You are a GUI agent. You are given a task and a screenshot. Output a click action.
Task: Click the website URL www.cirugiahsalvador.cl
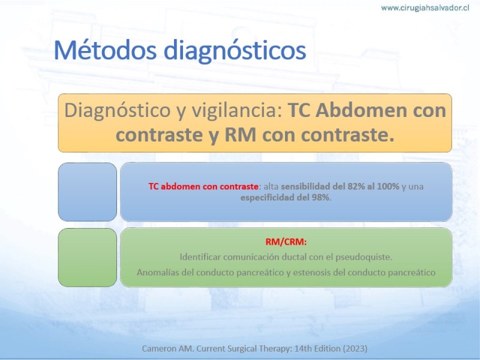click(x=425, y=8)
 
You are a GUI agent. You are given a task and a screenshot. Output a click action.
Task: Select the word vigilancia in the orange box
click(x=236, y=111)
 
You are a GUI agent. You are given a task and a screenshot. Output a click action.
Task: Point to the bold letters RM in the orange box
click(x=240, y=135)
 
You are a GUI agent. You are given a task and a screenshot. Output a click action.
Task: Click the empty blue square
click(x=88, y=192)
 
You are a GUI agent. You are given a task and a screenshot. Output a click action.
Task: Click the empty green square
click(x=88, y=257)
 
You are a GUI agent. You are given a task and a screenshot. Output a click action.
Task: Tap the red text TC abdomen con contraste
click(x=203, y=187)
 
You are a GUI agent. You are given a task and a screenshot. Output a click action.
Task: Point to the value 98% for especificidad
click(x=320, y=197)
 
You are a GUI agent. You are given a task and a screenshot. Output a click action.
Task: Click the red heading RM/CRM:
click(x=286, y=242)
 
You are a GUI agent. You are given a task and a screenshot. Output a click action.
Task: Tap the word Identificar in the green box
click(x=200, y=257)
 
